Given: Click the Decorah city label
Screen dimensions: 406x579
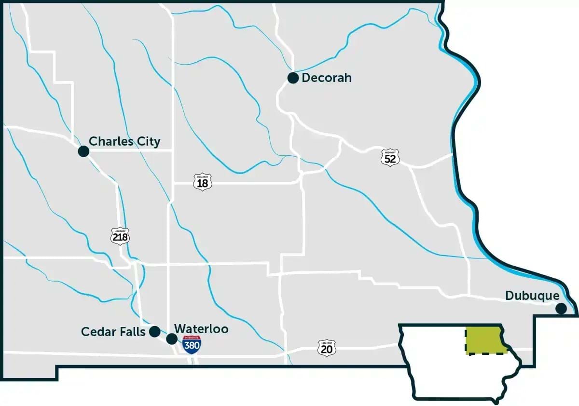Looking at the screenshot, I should (x=327, y=78).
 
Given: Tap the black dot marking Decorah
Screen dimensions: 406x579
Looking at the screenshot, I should (x=293, y=78).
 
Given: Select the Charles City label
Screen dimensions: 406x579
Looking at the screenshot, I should (x=124, y=142).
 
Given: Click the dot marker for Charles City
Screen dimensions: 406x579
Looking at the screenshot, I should (x=83, y=151).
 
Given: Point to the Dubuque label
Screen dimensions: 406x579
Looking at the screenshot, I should (x=532, y=296).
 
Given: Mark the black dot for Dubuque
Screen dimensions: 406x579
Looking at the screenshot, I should (x=561, y=309).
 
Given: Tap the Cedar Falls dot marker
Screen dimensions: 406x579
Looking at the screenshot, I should (x=154, y=331).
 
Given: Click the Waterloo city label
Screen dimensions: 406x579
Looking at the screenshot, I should (x=201, y=329).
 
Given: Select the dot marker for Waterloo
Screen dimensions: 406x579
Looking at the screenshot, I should (x=171, y=338).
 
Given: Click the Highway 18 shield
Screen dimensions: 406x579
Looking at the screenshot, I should (x=203, y=182).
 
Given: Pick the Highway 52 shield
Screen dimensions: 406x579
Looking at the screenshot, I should (x=390, y=158).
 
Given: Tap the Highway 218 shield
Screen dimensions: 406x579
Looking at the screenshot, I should (x=120, y=235).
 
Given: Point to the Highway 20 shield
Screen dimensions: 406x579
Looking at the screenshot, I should (x=327, y=348).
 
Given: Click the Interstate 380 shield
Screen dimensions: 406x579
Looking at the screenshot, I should (x=192, y=344).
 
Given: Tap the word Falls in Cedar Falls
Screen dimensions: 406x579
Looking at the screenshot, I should (x=132, y=332).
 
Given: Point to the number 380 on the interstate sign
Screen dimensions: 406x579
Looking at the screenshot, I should (x=192, y=346).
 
